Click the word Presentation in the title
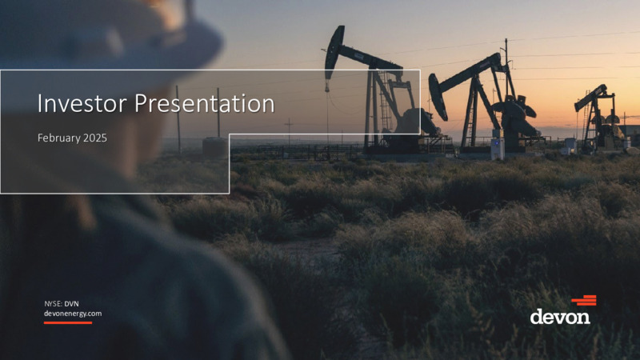(205, 104)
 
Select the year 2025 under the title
(95, 138)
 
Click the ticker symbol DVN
(71, 304)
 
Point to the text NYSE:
(53, 304)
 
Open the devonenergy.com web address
(73, 314)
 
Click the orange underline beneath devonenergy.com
(68, 323)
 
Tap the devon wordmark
(560, 316)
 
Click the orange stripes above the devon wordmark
(584, 301)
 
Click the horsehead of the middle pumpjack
(438, 96)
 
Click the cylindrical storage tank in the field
(214, 147)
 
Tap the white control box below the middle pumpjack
(498, 149)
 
